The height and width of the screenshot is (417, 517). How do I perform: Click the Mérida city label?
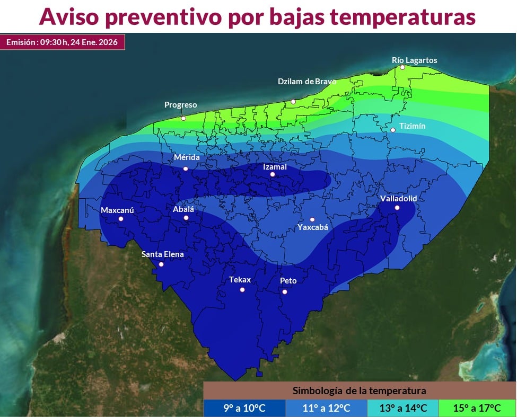point(187,158)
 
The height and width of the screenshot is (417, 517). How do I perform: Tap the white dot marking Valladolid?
point(397,207)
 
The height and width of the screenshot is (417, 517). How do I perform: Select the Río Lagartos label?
point(414,60)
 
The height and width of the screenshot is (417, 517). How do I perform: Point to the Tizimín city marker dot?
point(393,130)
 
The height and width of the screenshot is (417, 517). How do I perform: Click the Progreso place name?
point(180,105)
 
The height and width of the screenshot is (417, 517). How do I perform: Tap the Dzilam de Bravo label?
point(307,82)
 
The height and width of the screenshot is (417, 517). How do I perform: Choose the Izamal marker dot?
point(273,174)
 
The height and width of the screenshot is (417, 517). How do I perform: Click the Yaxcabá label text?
point(312,227)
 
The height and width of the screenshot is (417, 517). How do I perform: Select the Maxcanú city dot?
point(121,218)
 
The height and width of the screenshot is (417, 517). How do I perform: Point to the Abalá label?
point(183,209)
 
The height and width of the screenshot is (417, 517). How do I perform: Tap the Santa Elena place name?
point(162,254)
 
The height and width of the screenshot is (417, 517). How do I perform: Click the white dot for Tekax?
point(242,289)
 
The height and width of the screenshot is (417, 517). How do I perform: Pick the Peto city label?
point(288,281)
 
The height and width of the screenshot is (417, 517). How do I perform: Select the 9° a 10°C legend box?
point(244,407)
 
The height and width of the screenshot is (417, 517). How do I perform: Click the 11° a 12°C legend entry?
point(326,407)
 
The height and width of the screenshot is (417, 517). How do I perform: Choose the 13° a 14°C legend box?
point(402,407)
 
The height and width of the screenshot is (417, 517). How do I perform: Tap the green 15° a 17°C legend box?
point(477,407)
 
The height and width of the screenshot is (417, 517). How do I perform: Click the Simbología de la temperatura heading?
point(359,391)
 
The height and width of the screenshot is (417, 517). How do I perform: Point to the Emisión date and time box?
point(62,42)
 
